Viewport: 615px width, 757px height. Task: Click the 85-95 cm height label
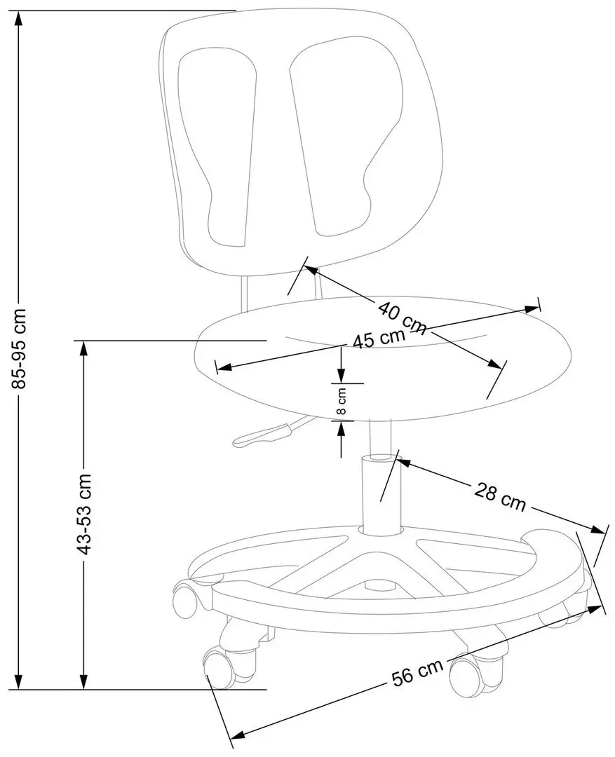coord(20,348)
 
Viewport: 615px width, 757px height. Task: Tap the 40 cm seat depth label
coord(402,316)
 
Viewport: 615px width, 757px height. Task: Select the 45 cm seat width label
coord(379,339)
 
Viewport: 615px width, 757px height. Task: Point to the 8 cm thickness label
coord(342,402)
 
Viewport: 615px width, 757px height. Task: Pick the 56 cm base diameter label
coord(418,674)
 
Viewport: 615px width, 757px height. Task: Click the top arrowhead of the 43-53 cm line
coord(83,349)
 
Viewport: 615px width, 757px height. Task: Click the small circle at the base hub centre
coord(379,583)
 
